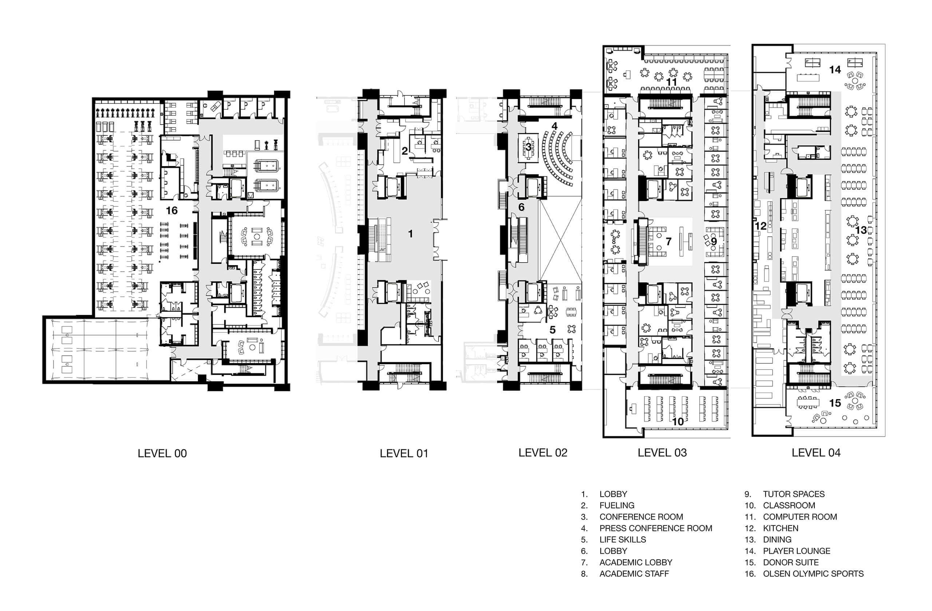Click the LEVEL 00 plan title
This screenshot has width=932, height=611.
click(x=162, y=454)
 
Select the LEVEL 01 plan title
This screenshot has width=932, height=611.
click(x=404, y=454)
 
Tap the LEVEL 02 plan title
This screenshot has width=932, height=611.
click(x=543, y=453)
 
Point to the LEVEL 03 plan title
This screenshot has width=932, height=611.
click(x=662, y=453)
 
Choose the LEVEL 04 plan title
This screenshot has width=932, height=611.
click(x=816, y=453)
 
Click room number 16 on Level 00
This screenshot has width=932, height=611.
click(x=171, y=211)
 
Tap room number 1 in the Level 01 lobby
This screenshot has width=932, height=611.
click(x=410, y=234)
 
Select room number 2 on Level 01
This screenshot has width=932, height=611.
click(x=405, y=150)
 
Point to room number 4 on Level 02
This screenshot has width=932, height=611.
click(x=554, y=126)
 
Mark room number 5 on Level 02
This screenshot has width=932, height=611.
click(x=553, y=330)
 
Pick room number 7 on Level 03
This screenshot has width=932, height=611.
click(x=668, y=241)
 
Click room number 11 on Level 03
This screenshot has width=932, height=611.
click(x=672, y=82)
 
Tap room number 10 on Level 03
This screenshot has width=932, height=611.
click(x=678, y=421)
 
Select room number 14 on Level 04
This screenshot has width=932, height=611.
click(x=835, y=70)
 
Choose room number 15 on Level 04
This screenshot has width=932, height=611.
click(x=835, y=403)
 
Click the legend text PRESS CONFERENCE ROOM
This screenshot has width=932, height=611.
click(x=656, y=528)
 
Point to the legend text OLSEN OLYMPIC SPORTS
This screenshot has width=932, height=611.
click(x=813, y=573)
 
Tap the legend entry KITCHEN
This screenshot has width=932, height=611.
click(x=781, y=528)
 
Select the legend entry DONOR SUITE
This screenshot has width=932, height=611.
click(x=791, y=562)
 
